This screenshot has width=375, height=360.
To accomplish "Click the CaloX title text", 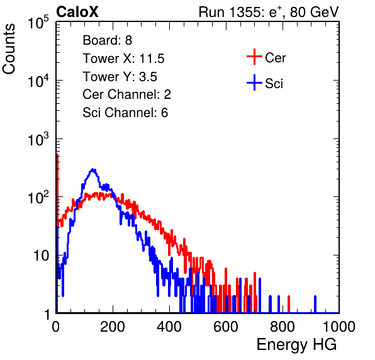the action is click(77, 12).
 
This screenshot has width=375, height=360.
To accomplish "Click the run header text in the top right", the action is click(269, 12).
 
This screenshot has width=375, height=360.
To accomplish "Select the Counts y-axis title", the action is click(9, 49).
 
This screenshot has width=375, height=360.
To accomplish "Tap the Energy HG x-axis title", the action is click(296, 345).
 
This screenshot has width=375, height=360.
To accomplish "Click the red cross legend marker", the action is click(254, 57).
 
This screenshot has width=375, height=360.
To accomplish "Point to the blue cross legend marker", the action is click(254, 82).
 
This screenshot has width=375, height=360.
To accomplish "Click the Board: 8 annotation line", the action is click(107, 40).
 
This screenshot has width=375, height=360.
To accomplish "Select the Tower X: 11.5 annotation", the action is click(123, 59).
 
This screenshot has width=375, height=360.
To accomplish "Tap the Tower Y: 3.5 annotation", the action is click(120, 77).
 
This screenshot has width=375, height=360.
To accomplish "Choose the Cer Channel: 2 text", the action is click(126, 94).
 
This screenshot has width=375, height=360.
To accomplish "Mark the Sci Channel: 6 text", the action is click(125, 113).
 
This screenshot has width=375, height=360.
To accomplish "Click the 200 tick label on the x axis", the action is click(113, 326).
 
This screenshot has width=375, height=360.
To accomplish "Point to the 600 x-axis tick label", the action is click(226, 326).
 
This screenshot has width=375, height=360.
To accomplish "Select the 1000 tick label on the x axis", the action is click(339, 326).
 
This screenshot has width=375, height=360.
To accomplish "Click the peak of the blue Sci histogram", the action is click(92, 169).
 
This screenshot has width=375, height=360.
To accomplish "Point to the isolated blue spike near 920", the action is click(315, 304).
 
